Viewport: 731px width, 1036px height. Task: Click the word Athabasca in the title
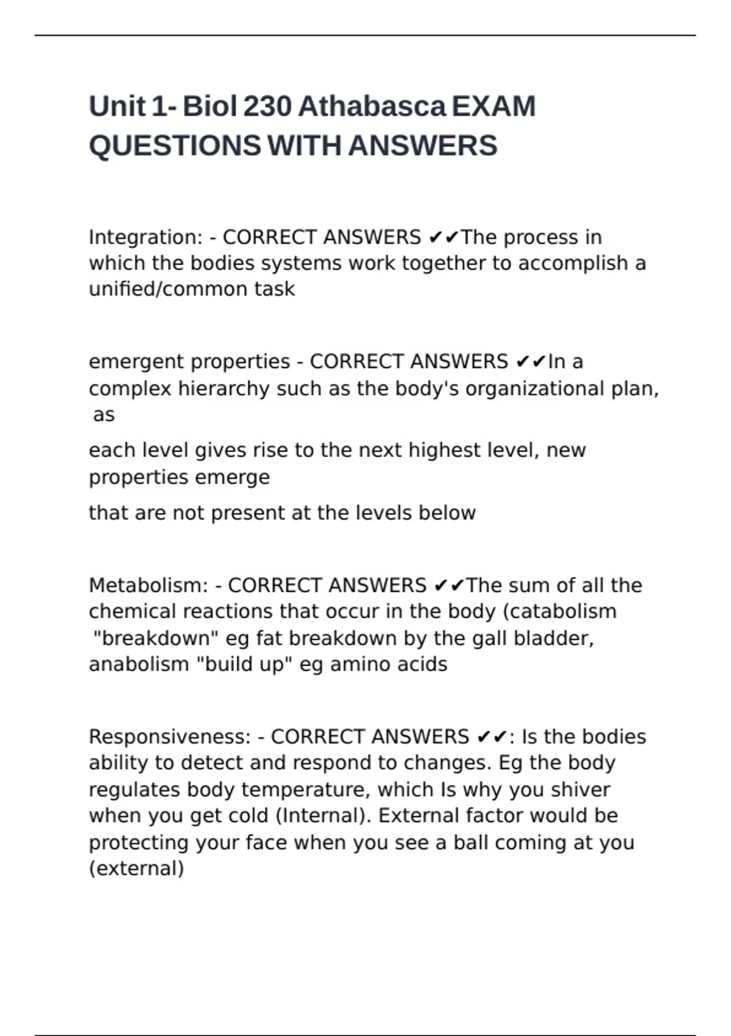tap(372, 107)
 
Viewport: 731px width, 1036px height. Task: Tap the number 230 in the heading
tap(267, 107)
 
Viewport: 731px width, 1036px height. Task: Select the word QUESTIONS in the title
tap(175, 146)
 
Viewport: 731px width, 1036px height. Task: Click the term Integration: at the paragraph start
tap(146, 237)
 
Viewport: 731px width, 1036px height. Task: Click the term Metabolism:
tap(148, 586)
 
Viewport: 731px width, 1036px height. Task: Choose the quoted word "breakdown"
tap(155, 638)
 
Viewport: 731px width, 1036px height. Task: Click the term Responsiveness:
tap(170, 737)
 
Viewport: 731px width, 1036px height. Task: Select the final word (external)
tap(136, 868)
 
